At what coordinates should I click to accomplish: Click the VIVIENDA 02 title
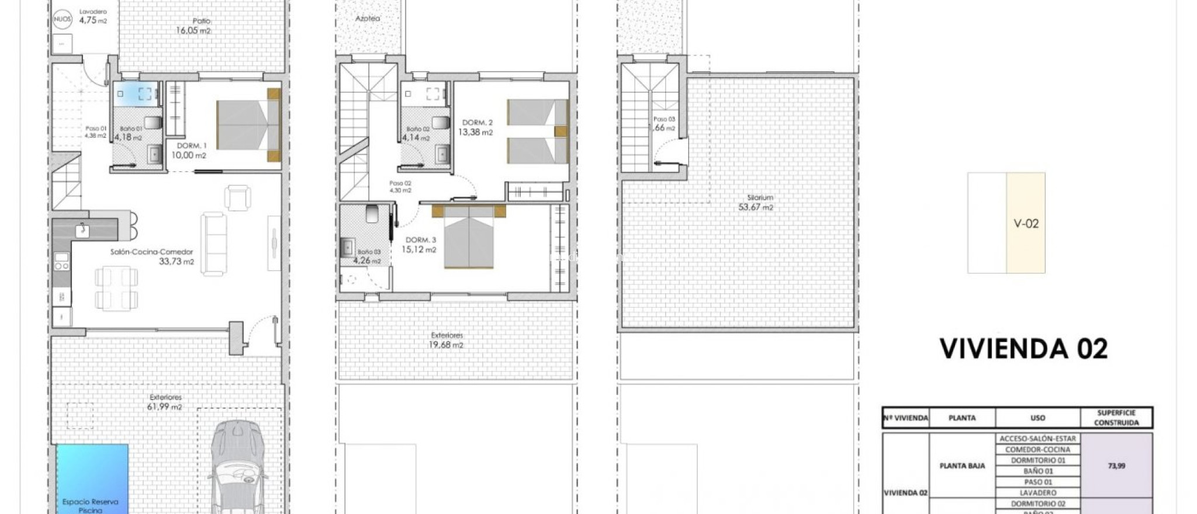pyautogui.click(x=1023, y=349)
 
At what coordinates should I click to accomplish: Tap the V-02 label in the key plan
pyautogui.click(x=1026, y=223)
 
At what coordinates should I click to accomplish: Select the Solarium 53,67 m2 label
pyautogui.click(x=757, y=203)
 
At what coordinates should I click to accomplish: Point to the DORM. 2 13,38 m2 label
pyautogui.click(x=476, y=127)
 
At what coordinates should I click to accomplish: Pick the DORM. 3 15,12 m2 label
pyautogui.click(x=420, y=245)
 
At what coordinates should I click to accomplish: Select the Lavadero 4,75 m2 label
pyautogui.click(x=93, y=16)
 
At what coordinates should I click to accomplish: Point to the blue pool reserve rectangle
pyautogui.click(x=92, y=476)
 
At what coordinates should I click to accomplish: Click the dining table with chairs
pyautogui.click(x=116, y=288)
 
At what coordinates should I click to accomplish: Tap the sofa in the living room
pyautogui.click(x=214, y=244)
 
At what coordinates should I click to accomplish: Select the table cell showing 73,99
pyautogui.click(x=1116, y=466)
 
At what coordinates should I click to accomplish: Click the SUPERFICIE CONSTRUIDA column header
pyautogui.click(x=1116, y=418)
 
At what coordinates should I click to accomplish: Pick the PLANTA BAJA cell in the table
pyautogui.click(x=962, y=466)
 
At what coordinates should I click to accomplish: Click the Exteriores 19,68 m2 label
pyautogui.click(x=447, y=340)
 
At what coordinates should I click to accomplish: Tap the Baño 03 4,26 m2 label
pyautogui.click(x=368, y=256)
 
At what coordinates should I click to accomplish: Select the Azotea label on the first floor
pyautogui.click(x=368, y=19)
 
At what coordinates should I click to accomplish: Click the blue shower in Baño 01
pyautogui.click(x=136, y=94)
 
